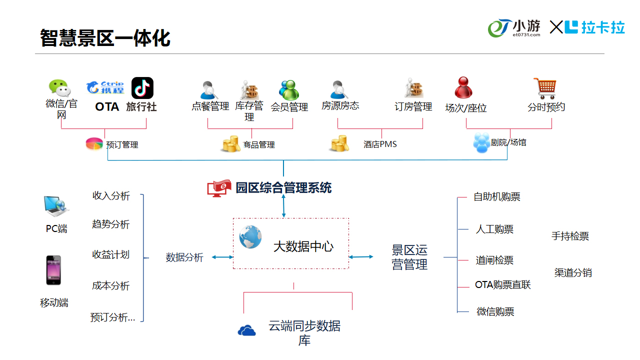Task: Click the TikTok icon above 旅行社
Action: pos(142,88)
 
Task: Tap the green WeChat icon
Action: pos(59,88)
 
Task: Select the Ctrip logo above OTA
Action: pos(105,87)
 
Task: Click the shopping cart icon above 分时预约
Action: pos(544,88)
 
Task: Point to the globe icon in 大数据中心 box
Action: pos(250,236)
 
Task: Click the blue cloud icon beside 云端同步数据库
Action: pos(247,330)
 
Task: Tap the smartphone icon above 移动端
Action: pos(53,270)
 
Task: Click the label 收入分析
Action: pos(111,196)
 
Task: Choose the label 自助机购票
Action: pos(496,197)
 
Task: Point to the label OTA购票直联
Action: pos(502,285)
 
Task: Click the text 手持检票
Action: pos(570,236)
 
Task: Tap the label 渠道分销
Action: pos(573,273)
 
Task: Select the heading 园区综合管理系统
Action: pos(283,188)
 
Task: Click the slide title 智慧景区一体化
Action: pos(105,38)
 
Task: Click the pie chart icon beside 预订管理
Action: pos(94,144)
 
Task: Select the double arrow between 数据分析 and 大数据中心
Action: pos(221,257)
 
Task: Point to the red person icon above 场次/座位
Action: pos(463,88)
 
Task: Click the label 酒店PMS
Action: pos(380,144)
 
